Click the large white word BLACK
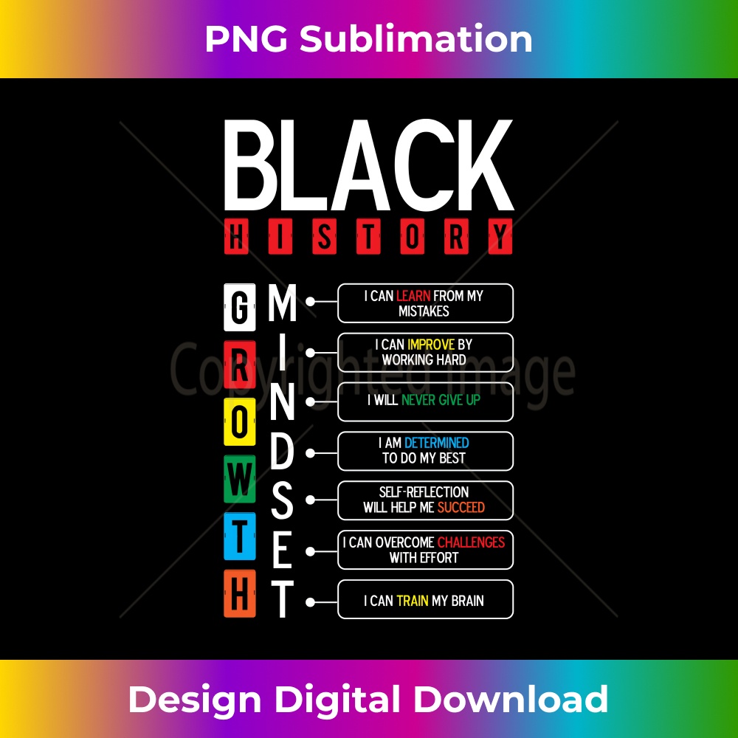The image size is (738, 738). [368, 165]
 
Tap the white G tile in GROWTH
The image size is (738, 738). [240, 307]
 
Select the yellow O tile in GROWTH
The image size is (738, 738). [240, 421]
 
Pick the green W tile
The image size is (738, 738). [240, 479]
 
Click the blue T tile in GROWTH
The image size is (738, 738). [240, 536]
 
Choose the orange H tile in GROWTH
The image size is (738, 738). [240, 593]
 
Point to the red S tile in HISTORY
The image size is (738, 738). [324, 236]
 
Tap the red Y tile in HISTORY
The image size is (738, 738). [500, 236]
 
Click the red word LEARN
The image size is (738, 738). [413, 296]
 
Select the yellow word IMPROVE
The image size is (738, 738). [431, 345]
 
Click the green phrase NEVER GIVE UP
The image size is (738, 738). [441, 400]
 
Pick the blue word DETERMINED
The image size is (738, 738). [436, 443]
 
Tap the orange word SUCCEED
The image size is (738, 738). [461, 508]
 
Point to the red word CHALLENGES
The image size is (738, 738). [471, 542]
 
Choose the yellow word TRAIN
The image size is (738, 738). [413, 601]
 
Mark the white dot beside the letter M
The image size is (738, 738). [310, 301]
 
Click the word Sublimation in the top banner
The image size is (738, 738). [416, 39]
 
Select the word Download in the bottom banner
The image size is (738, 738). [511, 699]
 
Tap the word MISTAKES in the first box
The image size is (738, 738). [424, 311]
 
